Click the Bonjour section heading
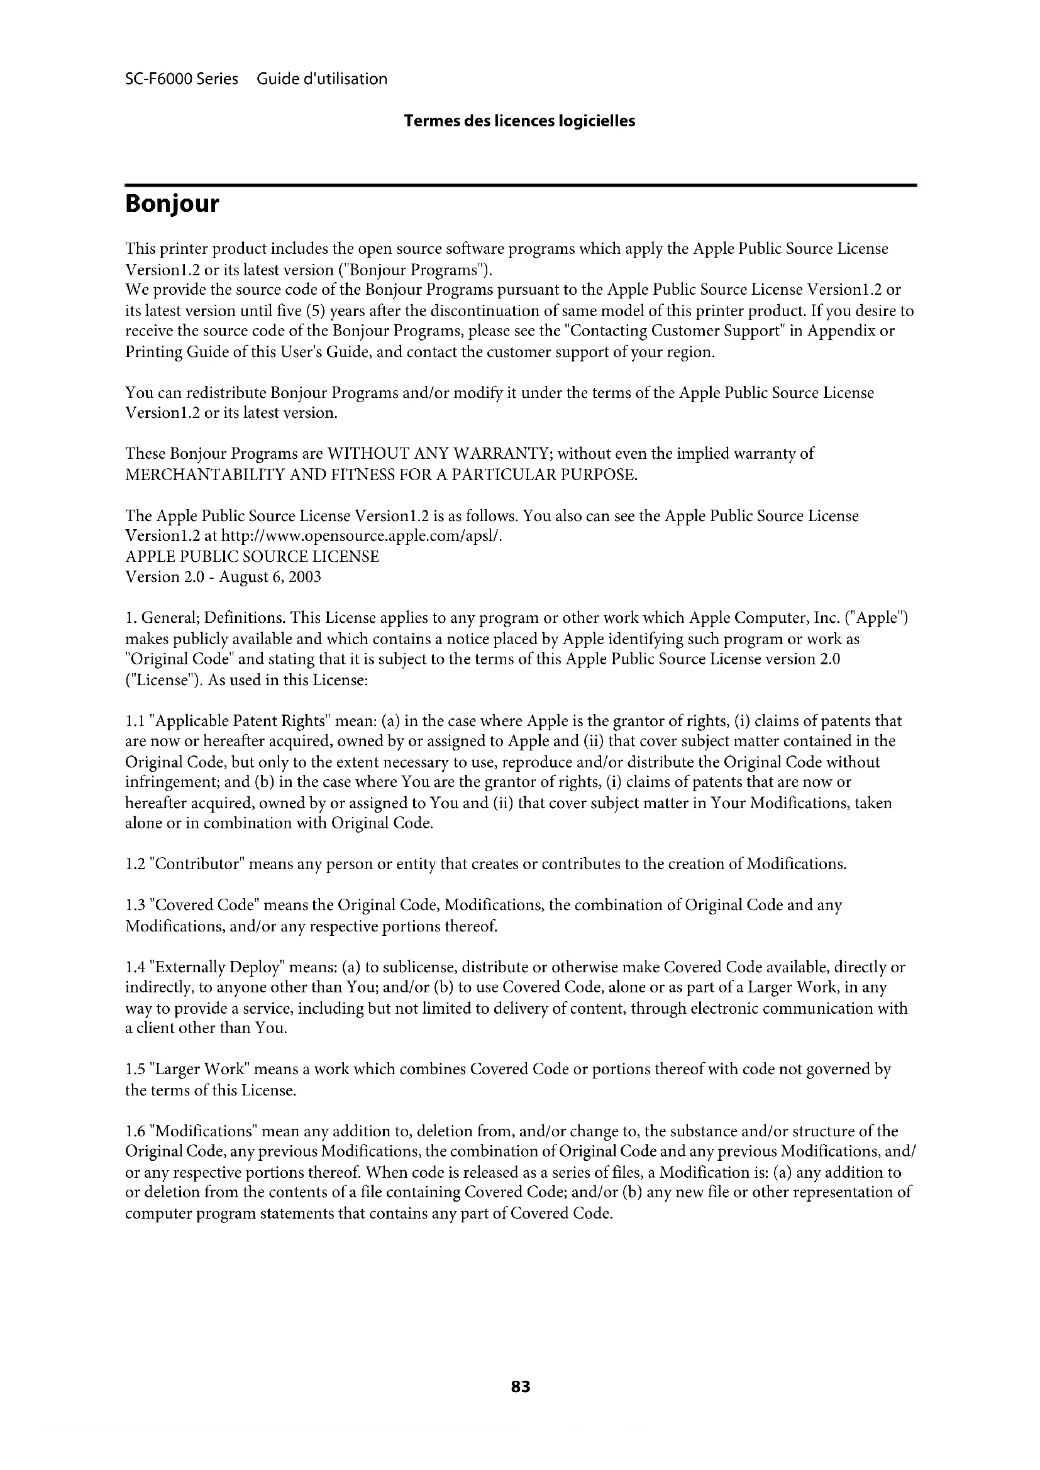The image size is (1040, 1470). point(172,204)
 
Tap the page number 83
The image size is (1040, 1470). point(521,1387)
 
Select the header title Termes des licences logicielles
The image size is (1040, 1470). point(519,121)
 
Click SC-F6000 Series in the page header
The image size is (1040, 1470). point(181,79)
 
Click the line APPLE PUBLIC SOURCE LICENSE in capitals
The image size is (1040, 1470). point(252,556)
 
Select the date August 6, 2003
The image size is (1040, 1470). point(270,577)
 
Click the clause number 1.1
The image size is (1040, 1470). point(135,721)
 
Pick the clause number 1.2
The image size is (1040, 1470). point(135,864)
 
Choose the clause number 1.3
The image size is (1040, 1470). point(135,905)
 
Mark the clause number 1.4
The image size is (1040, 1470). point(135,967)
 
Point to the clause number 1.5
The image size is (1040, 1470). point(135,1069)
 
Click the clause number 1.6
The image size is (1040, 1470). point(135,1131)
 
